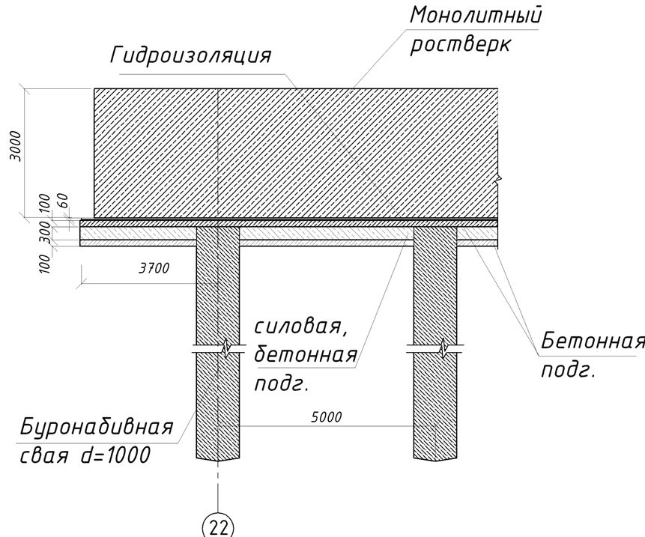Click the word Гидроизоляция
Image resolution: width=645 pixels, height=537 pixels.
tap(190, 55)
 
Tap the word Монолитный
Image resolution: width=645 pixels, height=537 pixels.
tap(476, 15)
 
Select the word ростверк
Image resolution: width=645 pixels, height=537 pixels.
tap(460, 44)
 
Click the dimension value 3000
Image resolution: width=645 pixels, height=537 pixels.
tap(16, 146)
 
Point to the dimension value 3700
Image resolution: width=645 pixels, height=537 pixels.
tap(154, 268)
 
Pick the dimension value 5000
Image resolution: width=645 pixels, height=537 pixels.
tap(326, 417)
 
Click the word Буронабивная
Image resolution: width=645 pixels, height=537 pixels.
tap(97, 428)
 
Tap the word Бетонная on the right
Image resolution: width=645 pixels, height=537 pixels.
tap(593, 342)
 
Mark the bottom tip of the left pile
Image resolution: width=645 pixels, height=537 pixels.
tap(217, 461)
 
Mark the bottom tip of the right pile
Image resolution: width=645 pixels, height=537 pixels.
tap(435, 461)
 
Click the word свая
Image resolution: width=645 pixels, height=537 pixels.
tap(44, 455)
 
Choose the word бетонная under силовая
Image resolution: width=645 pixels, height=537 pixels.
tap(306, 355)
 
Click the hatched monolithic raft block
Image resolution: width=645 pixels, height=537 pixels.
tap(296, 153)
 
